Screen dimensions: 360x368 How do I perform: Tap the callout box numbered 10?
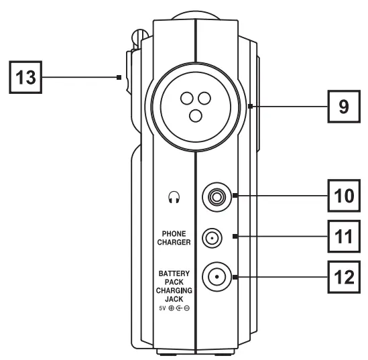click(x=345, y=196)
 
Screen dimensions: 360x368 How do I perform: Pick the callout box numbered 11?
click(x=345, y=236)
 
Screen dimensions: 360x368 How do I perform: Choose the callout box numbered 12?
click(x=345, y=276)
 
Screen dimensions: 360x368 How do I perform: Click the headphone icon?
click(x=174, y=197)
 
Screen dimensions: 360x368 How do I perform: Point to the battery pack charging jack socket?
click(x=215, y=276)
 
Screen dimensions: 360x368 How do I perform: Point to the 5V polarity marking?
click(x=174, y=309)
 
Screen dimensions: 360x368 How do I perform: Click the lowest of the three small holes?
click(x=195, y=117)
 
